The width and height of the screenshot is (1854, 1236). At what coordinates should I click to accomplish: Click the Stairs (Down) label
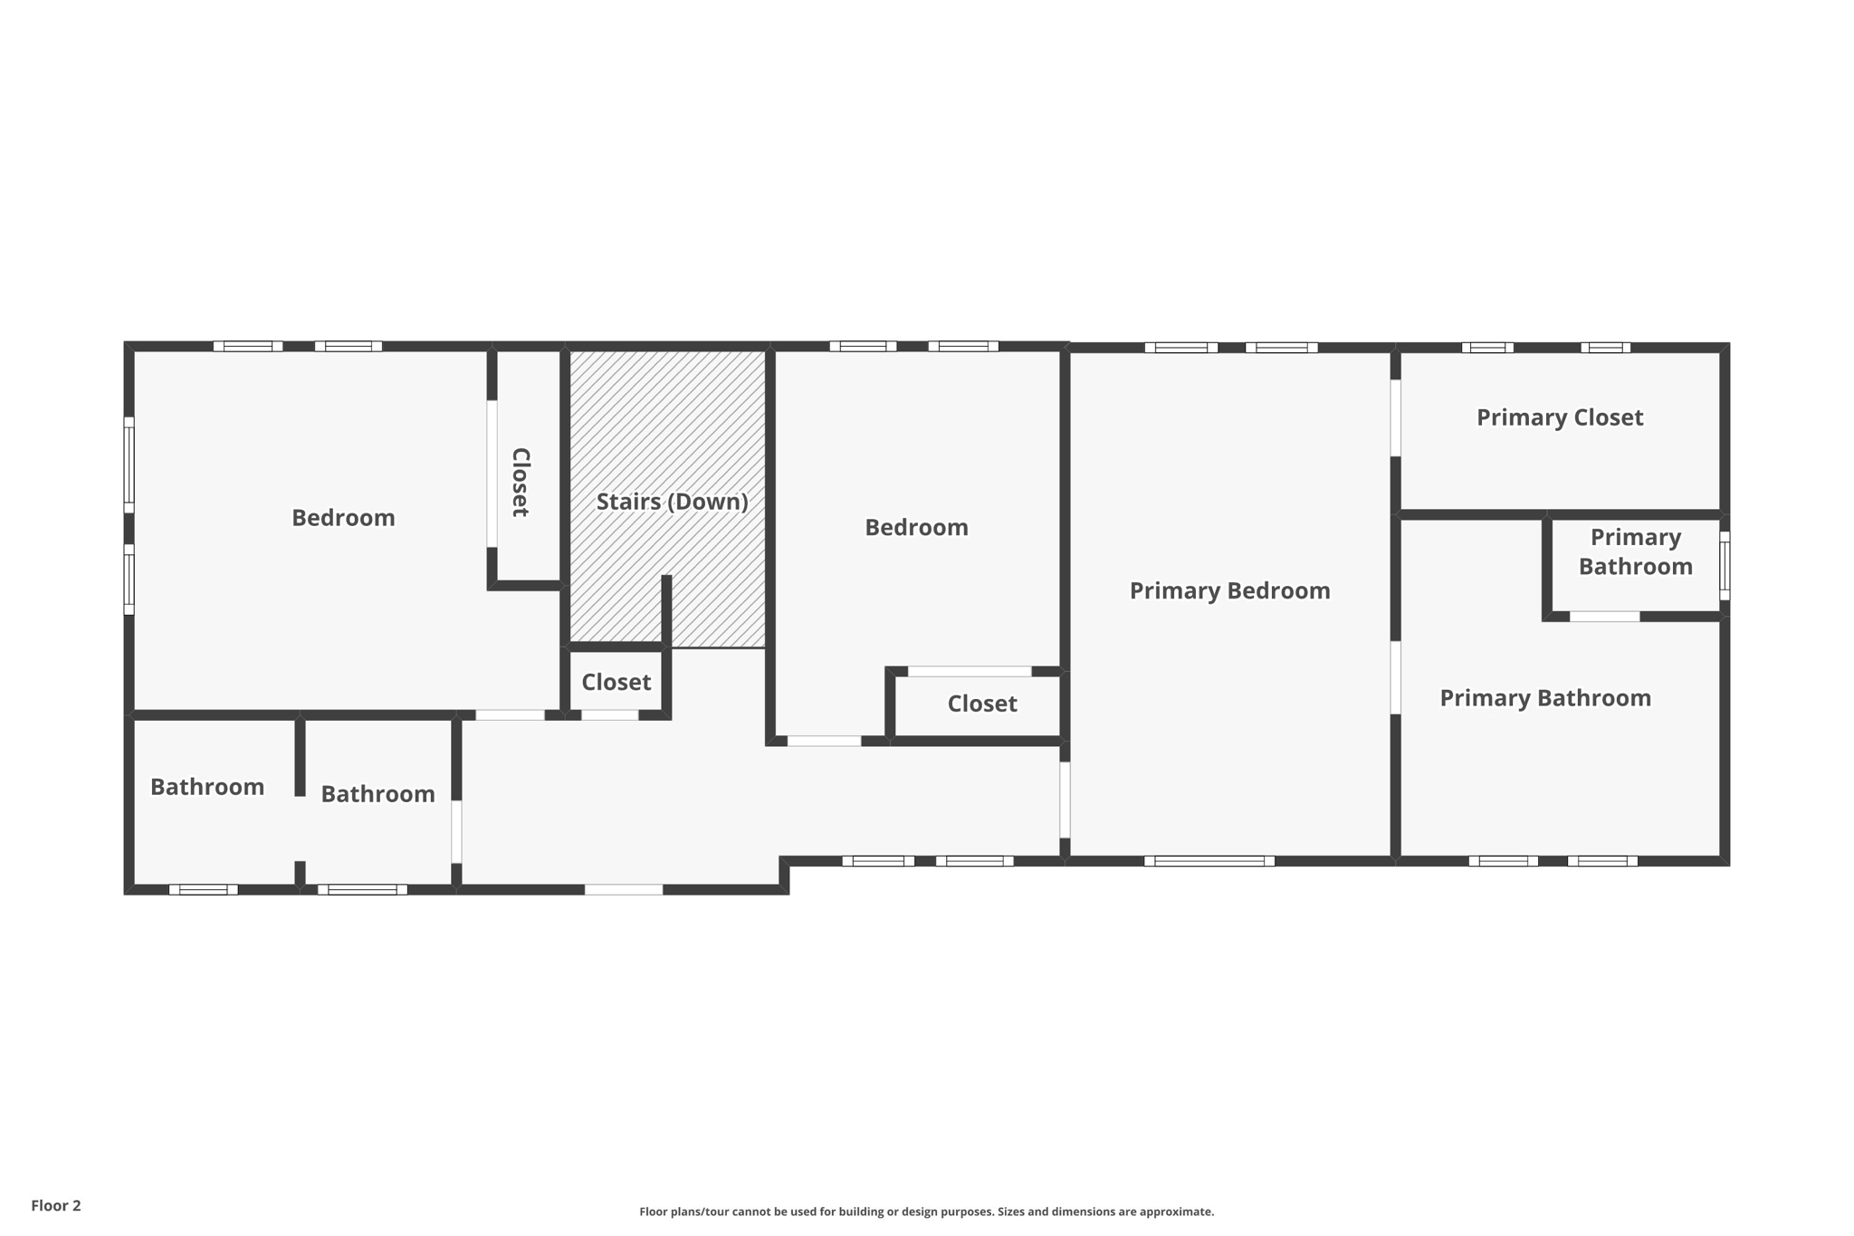coord(672,502)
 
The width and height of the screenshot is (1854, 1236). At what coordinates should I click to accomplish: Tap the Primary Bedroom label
coord(1229,591)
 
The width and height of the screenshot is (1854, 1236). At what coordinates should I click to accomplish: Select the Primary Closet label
coord(1559,417)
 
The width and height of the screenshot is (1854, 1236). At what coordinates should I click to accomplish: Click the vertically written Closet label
coord(521,482)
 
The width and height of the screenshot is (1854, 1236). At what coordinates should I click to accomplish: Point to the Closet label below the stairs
coord(616,683)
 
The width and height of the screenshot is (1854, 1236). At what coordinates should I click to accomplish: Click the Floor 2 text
coord(56,1205)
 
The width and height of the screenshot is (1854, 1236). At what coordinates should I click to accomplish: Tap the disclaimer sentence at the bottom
coord(926,1212)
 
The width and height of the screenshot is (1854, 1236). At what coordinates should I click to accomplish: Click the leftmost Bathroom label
coord(207,787)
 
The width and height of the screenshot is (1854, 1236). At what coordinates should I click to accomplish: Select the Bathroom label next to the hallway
coord(377,794)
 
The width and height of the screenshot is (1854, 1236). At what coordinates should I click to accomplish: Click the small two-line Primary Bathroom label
coord(1635,551)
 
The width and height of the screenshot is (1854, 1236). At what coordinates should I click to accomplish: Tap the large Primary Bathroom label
coord(1544,698)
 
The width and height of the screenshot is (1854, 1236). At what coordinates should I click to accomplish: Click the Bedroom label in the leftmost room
coord(343,518)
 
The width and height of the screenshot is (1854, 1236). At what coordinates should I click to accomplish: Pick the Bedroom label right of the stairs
coord(916,528)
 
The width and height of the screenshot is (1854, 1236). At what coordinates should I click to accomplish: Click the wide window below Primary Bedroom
coord(1209,861)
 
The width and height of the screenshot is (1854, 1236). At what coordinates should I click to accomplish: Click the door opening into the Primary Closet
coord(1395,417)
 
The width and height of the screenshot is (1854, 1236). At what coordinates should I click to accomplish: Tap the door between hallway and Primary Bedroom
coord(1065,800)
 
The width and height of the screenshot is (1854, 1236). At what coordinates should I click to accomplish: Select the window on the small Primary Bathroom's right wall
coord(1725,566)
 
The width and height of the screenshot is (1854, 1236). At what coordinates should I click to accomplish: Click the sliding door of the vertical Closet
coord(492,474)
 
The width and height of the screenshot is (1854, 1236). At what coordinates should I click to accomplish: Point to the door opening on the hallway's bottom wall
coord(624,890)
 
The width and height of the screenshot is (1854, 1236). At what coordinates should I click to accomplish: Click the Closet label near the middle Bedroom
coord(981,704)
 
